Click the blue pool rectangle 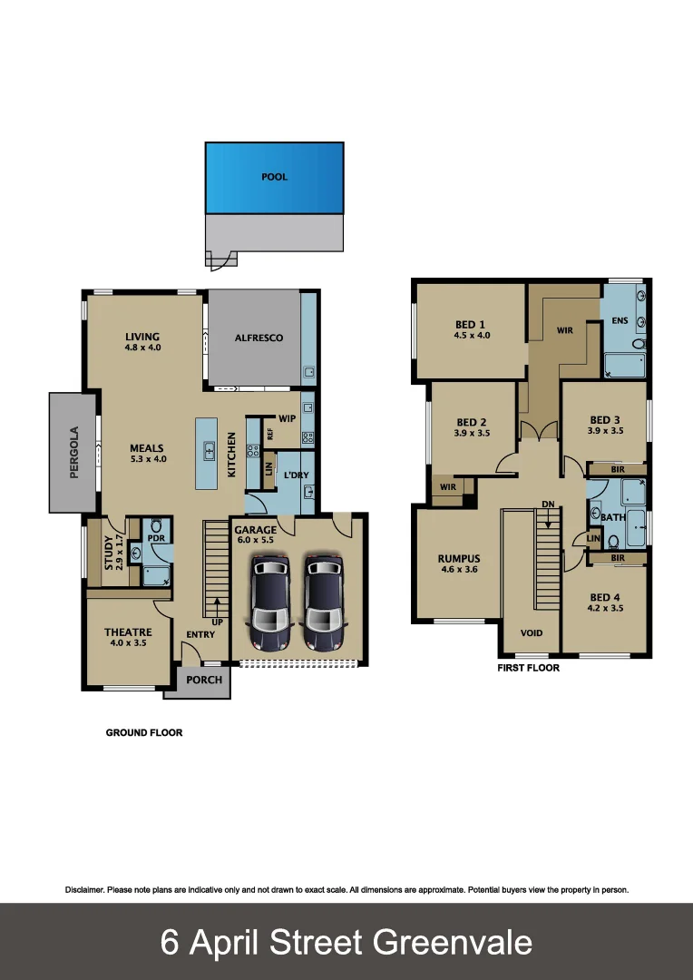point(274,178)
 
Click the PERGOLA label point(74,452)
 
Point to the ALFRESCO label point(259,338)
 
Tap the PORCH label point(204,680)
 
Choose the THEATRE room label point(128,632)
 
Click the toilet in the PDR point(155,526)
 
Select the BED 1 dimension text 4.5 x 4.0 point(472,336)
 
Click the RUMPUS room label point(458,558)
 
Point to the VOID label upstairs point(532,632)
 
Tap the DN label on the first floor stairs point(547,504)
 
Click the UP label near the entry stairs point(218,623)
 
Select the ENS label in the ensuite point(620,320)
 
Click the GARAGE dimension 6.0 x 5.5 point(255,540)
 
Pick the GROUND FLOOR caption point(144,732)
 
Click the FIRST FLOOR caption point(528,668)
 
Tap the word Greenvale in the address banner point(453,943)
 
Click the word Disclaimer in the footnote point(84,890)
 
